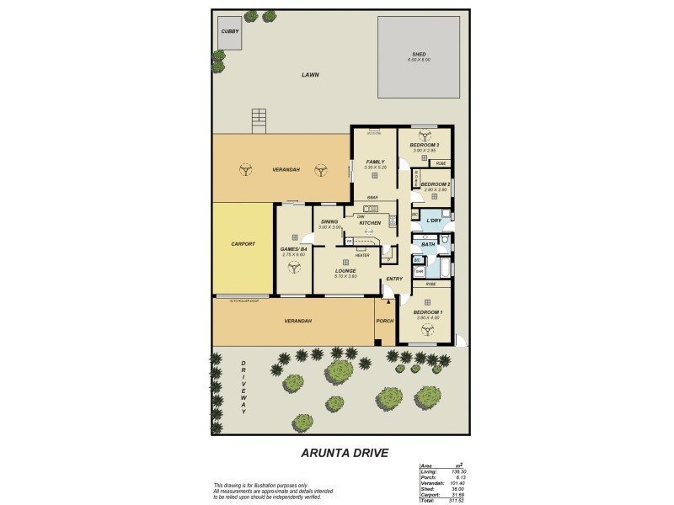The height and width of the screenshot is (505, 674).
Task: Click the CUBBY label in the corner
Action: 229,31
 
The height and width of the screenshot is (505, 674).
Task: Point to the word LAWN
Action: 311,75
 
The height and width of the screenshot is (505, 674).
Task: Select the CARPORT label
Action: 243,244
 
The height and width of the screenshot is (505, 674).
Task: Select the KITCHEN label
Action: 370,223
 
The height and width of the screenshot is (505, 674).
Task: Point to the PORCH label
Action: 385,321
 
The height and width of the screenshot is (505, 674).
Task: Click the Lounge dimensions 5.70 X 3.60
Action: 346,276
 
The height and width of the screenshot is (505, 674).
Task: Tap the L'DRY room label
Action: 434,221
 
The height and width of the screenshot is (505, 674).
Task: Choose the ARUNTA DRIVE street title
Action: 345,453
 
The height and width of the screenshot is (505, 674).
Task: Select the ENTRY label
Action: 394,279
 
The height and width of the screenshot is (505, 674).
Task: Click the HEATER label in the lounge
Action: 361,255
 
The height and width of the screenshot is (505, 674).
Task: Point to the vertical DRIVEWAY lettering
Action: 244,387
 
